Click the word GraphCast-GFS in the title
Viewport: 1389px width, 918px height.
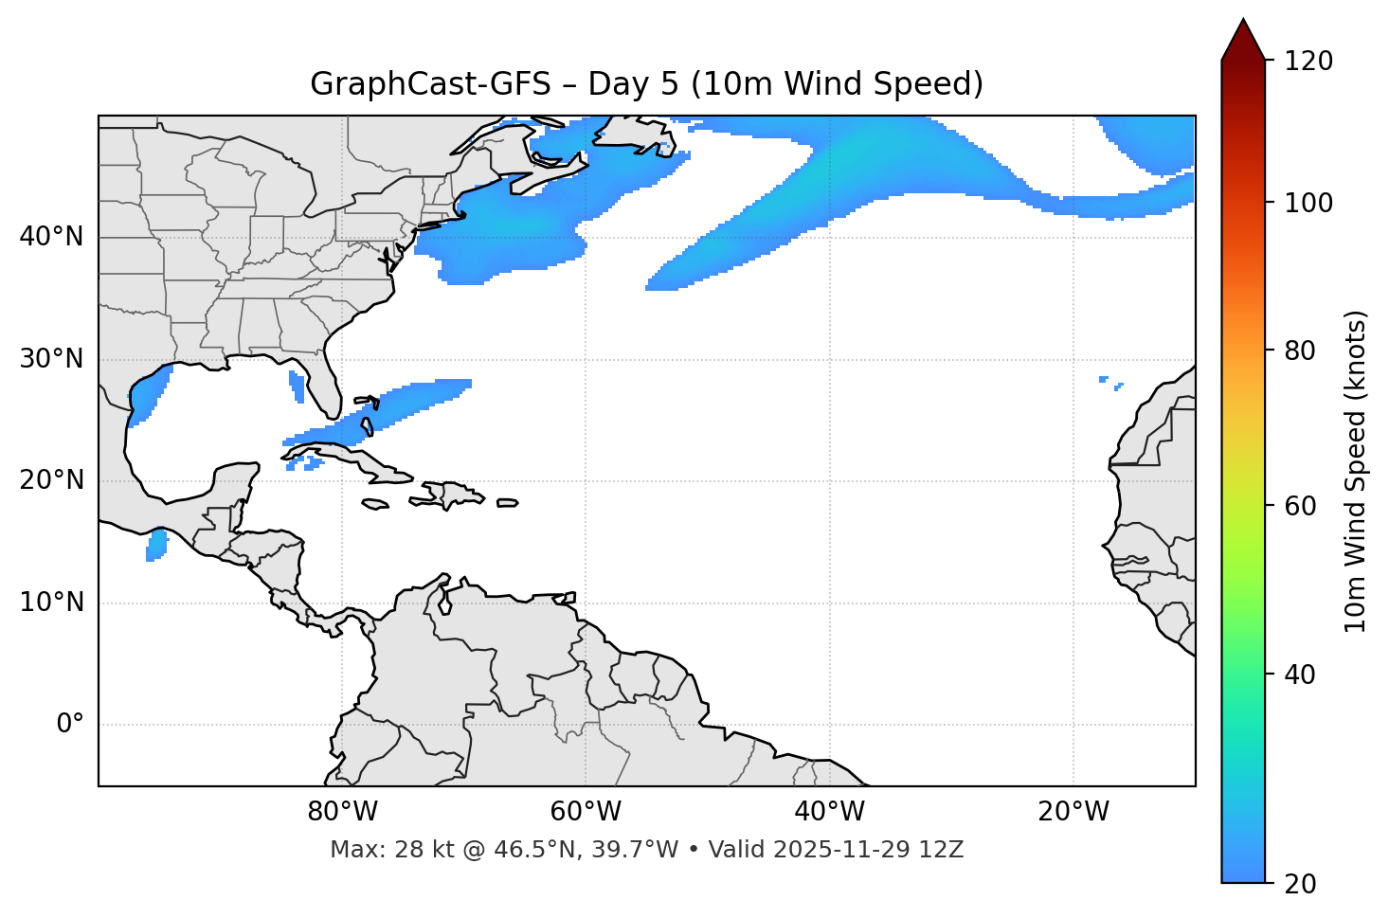(430, 84)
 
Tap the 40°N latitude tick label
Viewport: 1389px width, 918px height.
(51, 237)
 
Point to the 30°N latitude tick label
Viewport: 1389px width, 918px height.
(51, 359)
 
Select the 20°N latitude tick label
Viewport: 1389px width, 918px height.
(51, 480)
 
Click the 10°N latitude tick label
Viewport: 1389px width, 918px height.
(51, 603)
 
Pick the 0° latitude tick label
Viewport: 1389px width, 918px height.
(70, 725)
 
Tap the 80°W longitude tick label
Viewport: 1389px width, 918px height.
(342, 812)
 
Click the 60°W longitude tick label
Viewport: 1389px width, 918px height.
(586, 812)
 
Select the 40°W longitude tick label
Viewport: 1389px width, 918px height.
(829, 812)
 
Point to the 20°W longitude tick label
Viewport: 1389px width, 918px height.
(1073, 812)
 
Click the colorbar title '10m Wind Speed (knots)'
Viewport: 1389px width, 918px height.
(1356, 471)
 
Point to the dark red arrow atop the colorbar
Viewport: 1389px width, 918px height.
(1243, 40)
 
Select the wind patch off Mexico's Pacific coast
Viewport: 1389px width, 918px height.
(156, 545)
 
